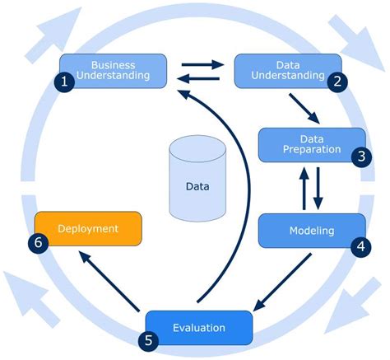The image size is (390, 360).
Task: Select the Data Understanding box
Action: (x=288, y=70)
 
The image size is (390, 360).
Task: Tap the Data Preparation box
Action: (x=312, y=144)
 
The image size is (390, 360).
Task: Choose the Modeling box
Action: (x=312, y=230)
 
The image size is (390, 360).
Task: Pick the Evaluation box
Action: (x=198, y=327)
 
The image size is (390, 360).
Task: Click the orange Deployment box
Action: (x=88, y=228)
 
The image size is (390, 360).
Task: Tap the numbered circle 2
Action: (x=337, y=82)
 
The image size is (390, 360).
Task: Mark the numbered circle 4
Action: (x=360, y=245)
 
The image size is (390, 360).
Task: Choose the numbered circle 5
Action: (x=147, y=339)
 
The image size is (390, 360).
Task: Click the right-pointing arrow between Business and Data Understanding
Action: (x=202, y=63)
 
